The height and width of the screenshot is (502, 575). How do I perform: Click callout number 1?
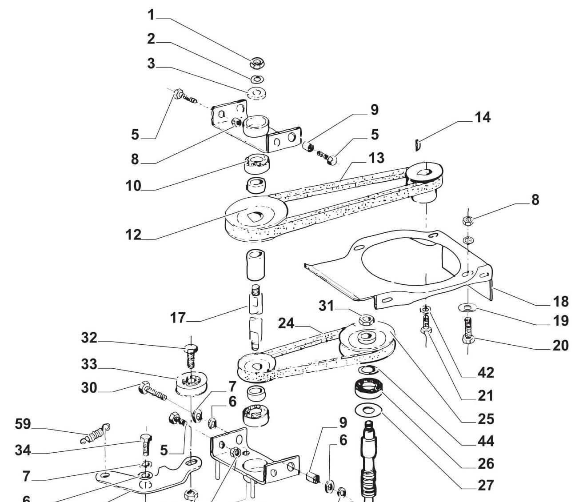click(x=151, y=15)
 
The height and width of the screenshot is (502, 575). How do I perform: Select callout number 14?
click(x=482, y=117)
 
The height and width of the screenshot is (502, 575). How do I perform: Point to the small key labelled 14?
click(x=418, y=144)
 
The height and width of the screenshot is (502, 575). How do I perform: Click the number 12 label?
click(x=133, y=235)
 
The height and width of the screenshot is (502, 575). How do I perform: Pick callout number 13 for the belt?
click(x=376, y=158)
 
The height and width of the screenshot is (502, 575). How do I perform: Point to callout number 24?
click(x=286, y=324)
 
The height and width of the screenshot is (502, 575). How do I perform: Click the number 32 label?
click(x=89, y=338)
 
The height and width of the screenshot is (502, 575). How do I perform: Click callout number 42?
click(x=485, y=373)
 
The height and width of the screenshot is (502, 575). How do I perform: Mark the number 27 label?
click(x=486, y=485)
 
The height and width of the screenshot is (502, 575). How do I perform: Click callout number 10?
click(x=133, y=186)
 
